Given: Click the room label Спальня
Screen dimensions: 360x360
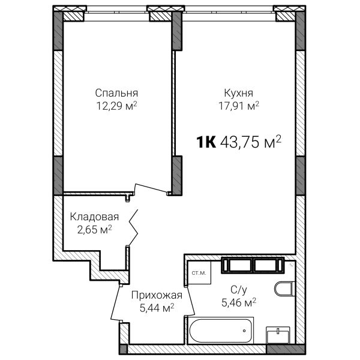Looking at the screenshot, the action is point(116,93).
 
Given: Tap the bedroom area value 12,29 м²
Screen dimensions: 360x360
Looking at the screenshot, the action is point(116,106).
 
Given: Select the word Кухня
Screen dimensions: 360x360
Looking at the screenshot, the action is point(239,93).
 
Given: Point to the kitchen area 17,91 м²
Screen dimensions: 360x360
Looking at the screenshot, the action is point(239,106).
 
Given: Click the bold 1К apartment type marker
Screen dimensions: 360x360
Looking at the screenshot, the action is point(206,142).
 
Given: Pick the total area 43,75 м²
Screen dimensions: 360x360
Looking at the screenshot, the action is point(251,142).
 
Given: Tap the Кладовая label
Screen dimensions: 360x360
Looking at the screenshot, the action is point(94,217).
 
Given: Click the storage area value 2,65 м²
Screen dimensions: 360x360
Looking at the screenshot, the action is point(94,229).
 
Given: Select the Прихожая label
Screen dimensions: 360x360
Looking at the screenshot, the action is point(157,295).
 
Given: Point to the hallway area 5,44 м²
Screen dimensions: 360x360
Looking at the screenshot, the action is point(157,308).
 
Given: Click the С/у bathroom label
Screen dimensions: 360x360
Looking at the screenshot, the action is point(239,290).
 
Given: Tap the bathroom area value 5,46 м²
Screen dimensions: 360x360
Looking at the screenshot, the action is point(239,302).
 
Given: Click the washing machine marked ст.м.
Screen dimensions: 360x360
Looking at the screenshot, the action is point(199,273).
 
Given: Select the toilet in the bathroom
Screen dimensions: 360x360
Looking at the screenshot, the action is point(284,289).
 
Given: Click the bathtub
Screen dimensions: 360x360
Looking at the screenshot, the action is point(221,330).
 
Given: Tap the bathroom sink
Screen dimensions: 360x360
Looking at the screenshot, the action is point(278,335).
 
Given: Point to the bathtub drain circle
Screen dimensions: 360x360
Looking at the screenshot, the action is point(244,331).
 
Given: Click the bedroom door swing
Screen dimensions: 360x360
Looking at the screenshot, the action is point(152,188).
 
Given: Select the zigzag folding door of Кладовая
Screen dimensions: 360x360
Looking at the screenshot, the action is point(133,227).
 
